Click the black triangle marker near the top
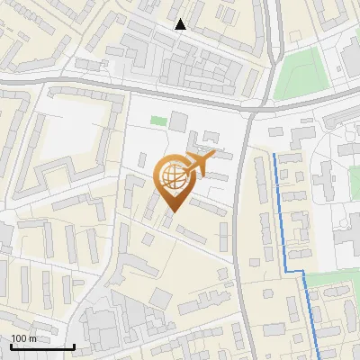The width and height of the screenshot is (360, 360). tap(181, 24)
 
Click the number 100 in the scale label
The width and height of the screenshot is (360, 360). tap(19, 338)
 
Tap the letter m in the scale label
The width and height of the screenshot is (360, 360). tap(32, 338)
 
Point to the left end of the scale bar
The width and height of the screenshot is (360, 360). tap(11, 346)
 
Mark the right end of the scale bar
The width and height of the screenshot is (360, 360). tap(73, 346)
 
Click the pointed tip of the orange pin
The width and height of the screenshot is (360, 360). tap(172, 212)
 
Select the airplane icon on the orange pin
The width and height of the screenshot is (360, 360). tap(199, 163)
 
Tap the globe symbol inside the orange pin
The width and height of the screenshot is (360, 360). tap(172, 178)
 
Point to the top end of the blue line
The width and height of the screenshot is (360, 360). tap(274, 154)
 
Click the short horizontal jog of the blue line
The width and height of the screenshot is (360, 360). tap(296, 271)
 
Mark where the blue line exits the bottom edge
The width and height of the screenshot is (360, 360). tap(322, 358)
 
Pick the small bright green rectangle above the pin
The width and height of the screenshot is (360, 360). tap(158, 121)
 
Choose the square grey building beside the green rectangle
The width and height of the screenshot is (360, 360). tap(178, 121)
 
